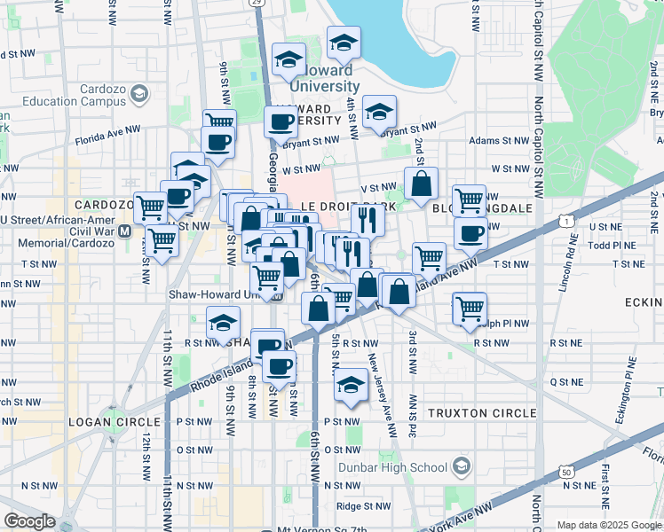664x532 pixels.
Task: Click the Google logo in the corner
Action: coord(30,520)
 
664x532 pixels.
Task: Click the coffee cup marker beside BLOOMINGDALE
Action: coord(470,234)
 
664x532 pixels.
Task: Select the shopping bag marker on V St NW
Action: coord(421,184)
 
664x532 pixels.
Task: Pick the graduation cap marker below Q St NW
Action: coord(351,386)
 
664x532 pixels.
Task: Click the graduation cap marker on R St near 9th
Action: coord(223,324)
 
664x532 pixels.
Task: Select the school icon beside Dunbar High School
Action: coord(462,466)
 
